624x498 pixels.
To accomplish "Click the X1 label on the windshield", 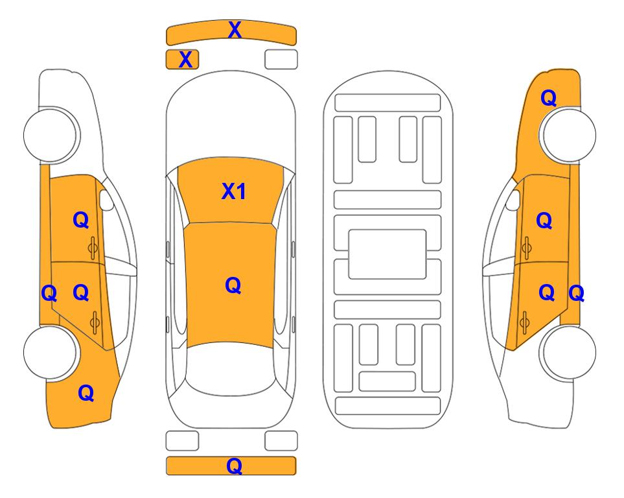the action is coord(234,191).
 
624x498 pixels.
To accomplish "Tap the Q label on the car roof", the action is coord(233,286).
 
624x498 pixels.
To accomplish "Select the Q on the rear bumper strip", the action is coord(234,466).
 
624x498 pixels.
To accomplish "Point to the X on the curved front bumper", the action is coord(235,30).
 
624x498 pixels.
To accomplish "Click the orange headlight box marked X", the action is coord(182,60).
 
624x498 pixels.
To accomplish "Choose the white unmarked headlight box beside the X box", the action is coord(281,60).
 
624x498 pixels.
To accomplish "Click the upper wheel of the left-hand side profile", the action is coord(51,135).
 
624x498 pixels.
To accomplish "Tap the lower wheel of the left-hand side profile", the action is coord(51,352).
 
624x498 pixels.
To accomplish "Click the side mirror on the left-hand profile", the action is coord(106,200).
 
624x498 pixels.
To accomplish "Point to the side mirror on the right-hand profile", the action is coord(513,200).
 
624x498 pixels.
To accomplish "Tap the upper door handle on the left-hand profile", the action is coord(93,248).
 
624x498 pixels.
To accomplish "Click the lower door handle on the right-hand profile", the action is coord(525,322).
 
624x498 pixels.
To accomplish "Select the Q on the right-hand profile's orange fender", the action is coord(548,98).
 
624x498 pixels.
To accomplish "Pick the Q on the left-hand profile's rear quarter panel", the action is coord(86,393).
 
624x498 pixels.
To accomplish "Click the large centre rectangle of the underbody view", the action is coord(387,254).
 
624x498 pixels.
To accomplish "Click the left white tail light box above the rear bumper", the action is coord(182,441).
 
